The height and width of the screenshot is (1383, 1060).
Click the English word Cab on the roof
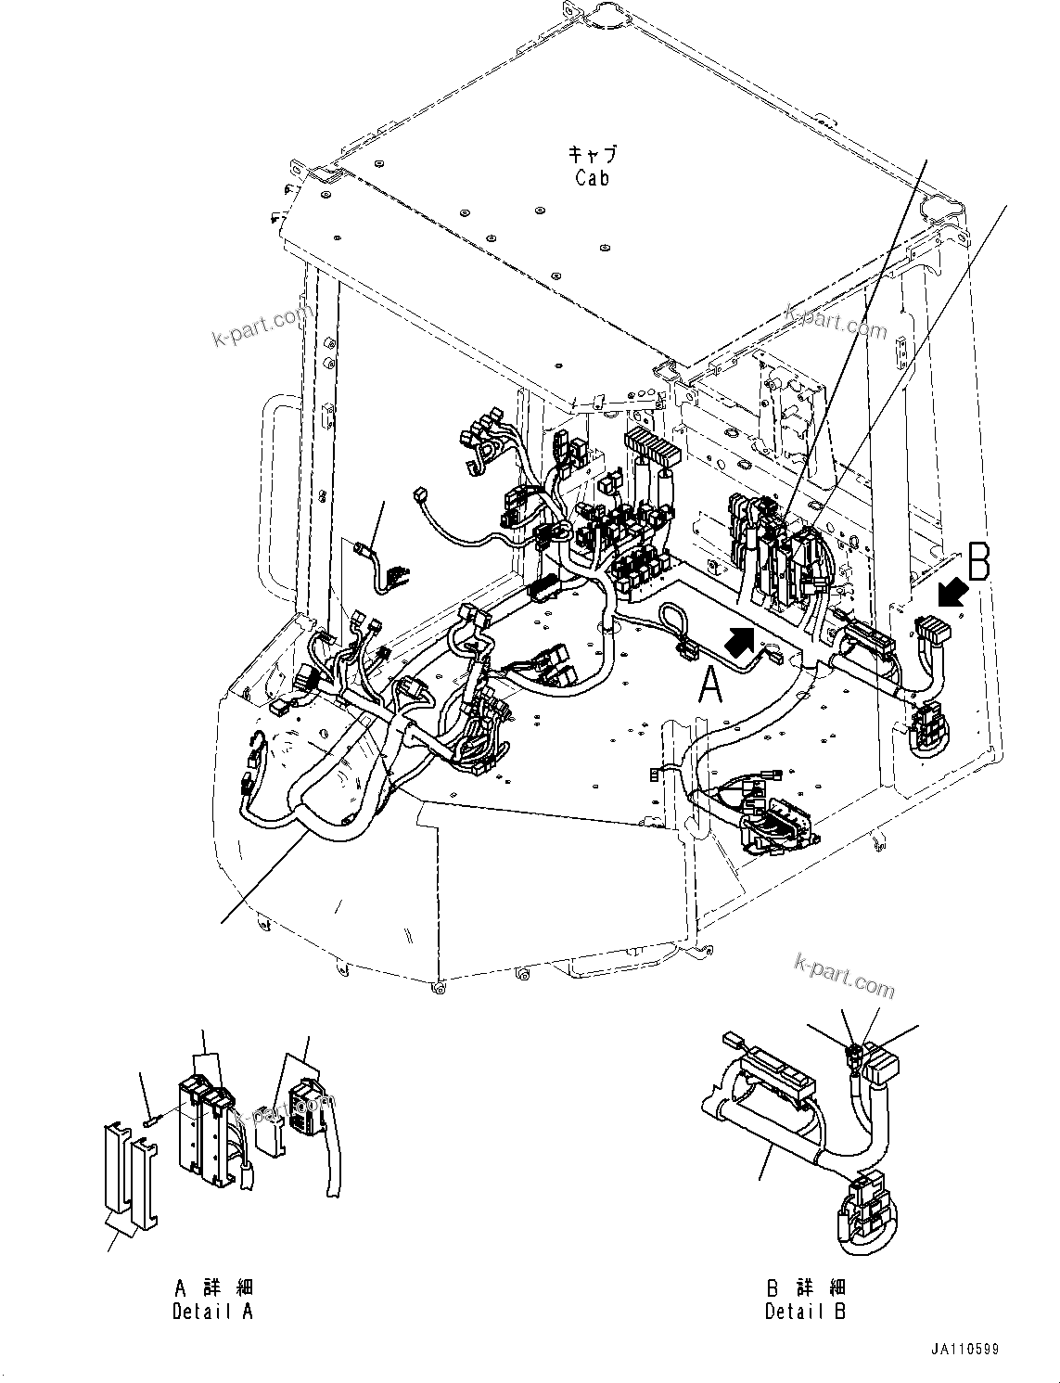(592, 178)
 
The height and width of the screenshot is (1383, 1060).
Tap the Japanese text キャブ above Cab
(592, 155)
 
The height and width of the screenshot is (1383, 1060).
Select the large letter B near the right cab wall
(978, 562)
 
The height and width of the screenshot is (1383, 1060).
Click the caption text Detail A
(212, 1311)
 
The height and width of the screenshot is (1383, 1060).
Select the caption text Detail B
(805, 1311)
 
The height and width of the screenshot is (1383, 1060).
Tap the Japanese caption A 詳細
(213, 1287)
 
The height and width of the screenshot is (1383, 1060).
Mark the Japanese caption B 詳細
(805, 1287)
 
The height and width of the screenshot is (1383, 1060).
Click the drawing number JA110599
(966, 1350)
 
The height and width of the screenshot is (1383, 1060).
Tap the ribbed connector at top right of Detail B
(885, 1062)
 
